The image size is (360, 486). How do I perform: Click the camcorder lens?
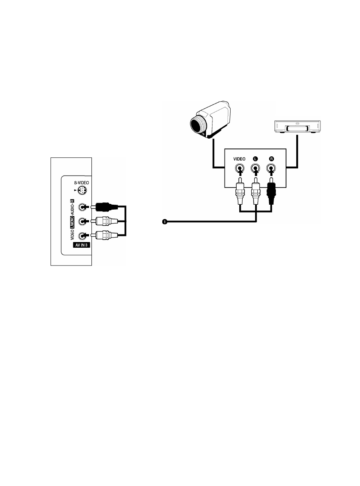coord(198,125)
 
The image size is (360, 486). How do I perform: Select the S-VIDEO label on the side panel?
coord(82,183)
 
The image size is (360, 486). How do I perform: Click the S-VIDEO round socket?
coord(82,190)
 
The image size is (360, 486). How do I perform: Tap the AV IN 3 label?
coord(82,245)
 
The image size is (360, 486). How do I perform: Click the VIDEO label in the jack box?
coord(239,159)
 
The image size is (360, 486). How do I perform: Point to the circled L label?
coord(255,159)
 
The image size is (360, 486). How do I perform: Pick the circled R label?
coord(271,159)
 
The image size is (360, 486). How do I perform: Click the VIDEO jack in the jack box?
coord(240,168)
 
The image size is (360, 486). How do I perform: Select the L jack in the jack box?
coord(255,168)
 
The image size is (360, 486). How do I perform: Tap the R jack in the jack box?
coord(271,168)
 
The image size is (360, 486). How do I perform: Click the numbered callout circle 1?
coord(165,222)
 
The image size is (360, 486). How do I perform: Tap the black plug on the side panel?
coord(105,207)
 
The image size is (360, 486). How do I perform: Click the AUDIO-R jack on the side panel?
coord(82,207)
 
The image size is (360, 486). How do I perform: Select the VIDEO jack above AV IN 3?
coord(82,236)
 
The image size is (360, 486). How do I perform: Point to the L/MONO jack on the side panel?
coord(82,222)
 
